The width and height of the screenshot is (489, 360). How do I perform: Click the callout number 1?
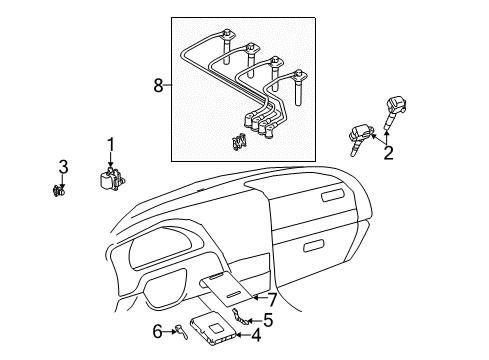110,145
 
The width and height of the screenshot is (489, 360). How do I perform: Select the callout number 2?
388,153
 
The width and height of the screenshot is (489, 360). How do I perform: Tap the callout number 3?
63,167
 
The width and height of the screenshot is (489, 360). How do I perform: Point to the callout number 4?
256,335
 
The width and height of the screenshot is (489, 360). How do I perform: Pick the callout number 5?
268,320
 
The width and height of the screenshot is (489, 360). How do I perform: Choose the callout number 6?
157,332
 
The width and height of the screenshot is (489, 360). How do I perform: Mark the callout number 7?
273,299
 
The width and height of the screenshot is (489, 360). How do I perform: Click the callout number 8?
159,85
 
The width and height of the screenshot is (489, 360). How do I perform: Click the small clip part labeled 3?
59,191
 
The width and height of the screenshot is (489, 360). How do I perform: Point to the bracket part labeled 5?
240,317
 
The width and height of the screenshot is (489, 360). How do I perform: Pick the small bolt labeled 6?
182,332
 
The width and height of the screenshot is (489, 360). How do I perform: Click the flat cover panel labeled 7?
227,288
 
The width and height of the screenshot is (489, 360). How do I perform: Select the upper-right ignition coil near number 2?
395,113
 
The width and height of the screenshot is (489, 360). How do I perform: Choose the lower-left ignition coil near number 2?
361,139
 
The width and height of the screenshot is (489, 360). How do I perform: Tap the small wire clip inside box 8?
239,142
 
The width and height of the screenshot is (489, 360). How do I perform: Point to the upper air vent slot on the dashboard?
333,195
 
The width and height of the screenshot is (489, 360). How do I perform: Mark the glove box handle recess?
314,246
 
